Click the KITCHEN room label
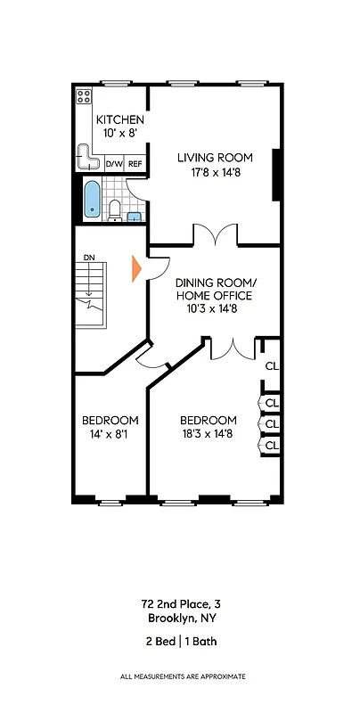[x=120, y=120]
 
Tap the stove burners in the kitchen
[x=84, y=96]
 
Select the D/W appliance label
[x=114, y=165]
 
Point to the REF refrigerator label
[x=135, y=165]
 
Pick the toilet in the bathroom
[x=115, y=209]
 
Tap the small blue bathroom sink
[x=134, y=216]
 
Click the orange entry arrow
[x=136, y=269]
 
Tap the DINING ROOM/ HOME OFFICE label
[x=213, y=289]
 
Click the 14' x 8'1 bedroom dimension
[x=110, y=435]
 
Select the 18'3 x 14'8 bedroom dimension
[x=209, y=435]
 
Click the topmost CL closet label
[x=272, y=366]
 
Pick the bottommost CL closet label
[x=272, y=444]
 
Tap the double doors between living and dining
[x=215, y=234]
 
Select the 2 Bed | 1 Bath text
[x=181, y=641]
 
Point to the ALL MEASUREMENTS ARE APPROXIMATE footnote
[x=181, y=677]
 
